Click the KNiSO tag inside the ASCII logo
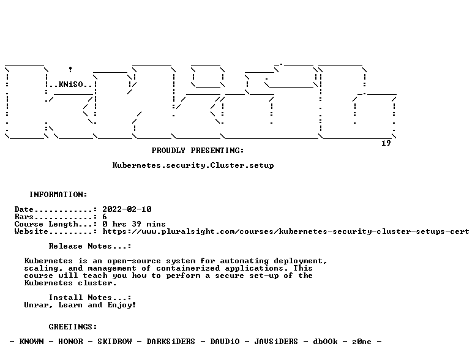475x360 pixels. click(71, 84)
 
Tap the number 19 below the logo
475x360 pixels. click(386, 143)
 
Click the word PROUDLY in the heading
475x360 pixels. click(168, 150)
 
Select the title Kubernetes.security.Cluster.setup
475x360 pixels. click(193, 165)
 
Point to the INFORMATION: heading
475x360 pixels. click(58, 195)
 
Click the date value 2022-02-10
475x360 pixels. click(127, 209)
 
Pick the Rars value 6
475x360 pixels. click(105, 217)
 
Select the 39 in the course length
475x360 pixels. click(137, 224)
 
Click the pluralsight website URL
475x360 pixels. click(286, 231)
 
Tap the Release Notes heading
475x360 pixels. click(90, 246)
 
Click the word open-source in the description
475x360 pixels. click(134, 261)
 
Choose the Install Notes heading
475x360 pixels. click(90, 298)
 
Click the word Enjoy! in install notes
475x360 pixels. click(122, 305)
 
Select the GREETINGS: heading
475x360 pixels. click(73, 327)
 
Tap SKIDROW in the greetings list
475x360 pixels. click(114, 342)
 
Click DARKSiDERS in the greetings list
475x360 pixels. click(171, 342)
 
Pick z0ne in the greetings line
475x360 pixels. click(362, 342)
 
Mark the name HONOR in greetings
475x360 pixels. click(70, 342)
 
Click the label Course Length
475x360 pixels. click(46, 224)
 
